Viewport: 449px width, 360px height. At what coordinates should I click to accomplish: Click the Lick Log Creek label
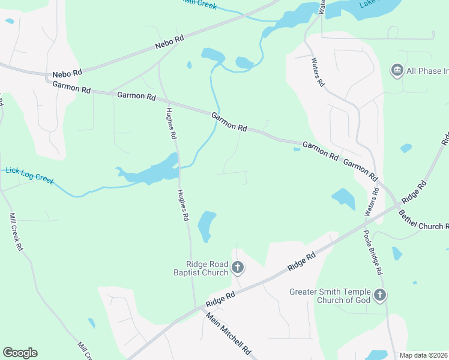click(30, 174)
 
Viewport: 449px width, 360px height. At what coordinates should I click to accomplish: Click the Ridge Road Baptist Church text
click(206, 268)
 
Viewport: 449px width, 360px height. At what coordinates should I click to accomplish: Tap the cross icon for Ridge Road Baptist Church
click(238, 268)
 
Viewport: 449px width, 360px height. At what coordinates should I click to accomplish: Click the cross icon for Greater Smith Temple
click(379, 295)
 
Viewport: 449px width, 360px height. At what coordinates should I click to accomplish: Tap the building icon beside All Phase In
click(397, 71)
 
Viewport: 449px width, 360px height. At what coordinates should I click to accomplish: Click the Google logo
click(20, 353)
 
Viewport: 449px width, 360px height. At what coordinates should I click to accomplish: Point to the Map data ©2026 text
click(424, 355)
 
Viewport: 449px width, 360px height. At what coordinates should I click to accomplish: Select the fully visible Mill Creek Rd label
click(16, 232)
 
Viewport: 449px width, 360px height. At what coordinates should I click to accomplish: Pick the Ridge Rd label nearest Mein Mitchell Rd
click(220, 298)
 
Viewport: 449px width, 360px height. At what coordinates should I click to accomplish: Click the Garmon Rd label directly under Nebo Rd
click(71, 88)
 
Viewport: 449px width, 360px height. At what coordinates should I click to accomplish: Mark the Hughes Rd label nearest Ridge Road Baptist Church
click(183, 206)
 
